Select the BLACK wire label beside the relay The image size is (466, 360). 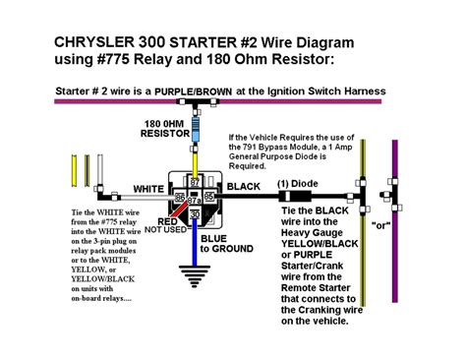pyautogui.click(x=244, y=184)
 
